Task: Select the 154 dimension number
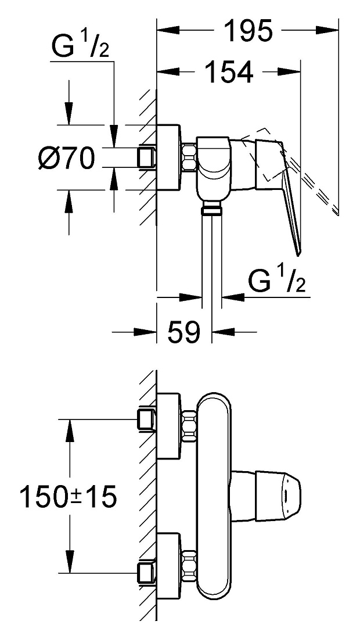228,71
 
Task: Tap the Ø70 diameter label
66,158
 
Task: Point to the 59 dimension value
184,332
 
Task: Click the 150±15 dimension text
69,497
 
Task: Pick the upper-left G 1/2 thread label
80,46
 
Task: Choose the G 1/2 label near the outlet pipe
276,281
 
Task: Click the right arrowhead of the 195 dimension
327,30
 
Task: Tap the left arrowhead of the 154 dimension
168,71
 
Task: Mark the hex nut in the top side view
189,157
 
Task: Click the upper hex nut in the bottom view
189,426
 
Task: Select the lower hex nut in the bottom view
189,566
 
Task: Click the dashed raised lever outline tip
336,211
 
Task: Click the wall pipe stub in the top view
147,157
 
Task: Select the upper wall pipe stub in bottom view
147,419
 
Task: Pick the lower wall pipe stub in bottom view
147,573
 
